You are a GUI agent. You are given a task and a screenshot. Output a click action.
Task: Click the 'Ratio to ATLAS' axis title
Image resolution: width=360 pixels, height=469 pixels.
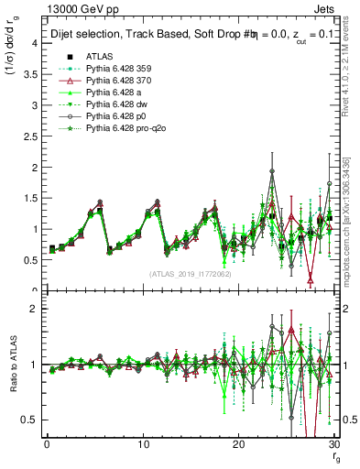click(16, 365)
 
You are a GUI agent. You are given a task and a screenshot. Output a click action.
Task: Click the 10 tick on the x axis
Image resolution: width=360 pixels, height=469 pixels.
click(143, 446)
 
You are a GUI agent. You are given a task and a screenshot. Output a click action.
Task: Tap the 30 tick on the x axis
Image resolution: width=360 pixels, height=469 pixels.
click(333, 446)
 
